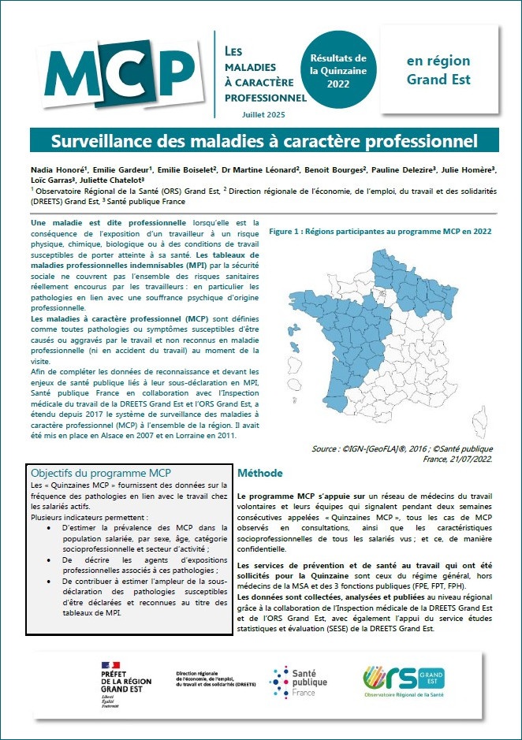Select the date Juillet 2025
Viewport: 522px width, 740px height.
point(264,115)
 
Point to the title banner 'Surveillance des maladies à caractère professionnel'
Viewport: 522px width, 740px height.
point(264,141)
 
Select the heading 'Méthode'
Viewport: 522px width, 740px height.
point(259,474)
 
